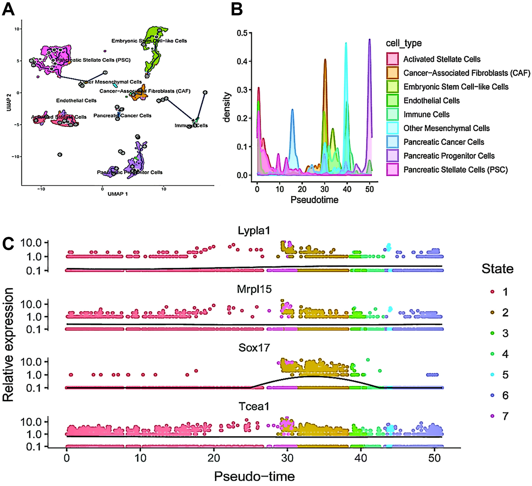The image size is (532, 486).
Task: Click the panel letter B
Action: (236, 10)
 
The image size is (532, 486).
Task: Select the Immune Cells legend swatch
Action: (392, 114)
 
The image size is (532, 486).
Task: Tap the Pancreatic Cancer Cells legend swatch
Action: (392, 142)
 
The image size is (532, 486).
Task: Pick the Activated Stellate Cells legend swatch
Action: (392, 59)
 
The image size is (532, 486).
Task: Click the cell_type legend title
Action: (404, 43)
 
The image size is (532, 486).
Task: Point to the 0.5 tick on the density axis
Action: (242, 33)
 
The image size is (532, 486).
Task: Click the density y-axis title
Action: (226, 107)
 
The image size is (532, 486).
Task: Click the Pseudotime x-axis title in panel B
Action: (314, 200)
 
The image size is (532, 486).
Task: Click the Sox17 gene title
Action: (254, 348)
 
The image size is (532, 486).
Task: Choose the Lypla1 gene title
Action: (254, 231)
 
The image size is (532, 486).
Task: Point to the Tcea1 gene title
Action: (254, 406)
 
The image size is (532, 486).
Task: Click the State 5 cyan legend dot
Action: (492, 375)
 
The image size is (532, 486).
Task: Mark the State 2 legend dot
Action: (492, 312)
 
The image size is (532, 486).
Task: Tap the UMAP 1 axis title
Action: (118, 194)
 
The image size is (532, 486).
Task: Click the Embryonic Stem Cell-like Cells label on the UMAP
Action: (149, 41)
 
